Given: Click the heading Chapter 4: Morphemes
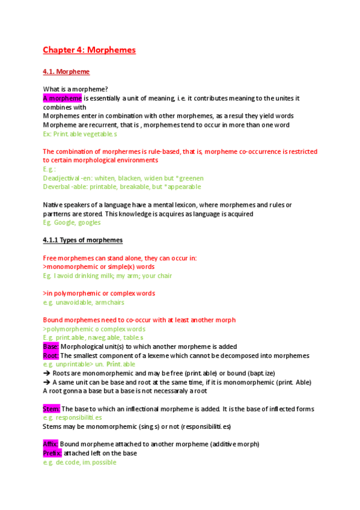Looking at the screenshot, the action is [x=89, y=50].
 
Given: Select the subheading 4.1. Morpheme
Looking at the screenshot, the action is [x=66, y=72].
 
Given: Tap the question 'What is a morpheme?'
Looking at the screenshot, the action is [x=75, y=89].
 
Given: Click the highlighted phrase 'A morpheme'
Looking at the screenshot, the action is [x=63, y=98].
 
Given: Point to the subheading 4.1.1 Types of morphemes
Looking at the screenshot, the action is [x=82, y=240].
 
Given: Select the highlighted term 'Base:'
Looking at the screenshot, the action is [x=50, y=346].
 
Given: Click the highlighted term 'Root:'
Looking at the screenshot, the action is [x=50, y=355].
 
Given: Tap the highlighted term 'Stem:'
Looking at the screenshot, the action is [x=51, y=409].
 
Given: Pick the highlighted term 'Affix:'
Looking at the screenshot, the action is [x=50, y=444].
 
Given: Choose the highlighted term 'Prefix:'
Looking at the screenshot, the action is [x=52, y=453].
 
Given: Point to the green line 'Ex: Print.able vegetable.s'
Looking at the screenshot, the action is [x=80, y=134].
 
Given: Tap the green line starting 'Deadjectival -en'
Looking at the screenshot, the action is [x=123, y=178].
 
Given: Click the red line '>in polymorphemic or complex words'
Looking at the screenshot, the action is [x=99, y=293].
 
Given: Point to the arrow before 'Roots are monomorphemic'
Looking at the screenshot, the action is [x=47, y=373].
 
